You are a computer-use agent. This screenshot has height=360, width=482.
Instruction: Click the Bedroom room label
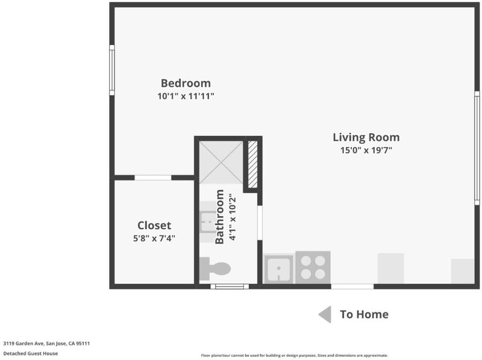(x=186, y=83)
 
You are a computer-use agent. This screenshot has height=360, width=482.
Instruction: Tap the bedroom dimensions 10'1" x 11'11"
(x=186, y=96)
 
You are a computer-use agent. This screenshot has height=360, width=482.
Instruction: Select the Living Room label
(x=366, y=137)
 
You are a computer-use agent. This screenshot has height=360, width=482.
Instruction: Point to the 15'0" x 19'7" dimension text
(x=366, y=151)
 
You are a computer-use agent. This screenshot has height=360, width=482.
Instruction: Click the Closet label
(x=154, y=226)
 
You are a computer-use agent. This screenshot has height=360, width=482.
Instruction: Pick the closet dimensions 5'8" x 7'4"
(x=154, y=238)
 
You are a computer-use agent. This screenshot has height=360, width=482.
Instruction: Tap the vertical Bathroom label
(x=219, y=217)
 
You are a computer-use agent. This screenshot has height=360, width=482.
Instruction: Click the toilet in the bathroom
(x=215, y=268)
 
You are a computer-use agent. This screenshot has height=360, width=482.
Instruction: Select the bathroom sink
(x=208, y=222)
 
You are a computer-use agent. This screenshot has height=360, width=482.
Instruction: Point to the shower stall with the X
(x=221, y=163)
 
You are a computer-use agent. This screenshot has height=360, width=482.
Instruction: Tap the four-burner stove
(x=313, y=267)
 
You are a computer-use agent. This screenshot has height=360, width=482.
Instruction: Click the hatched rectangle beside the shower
(x=252, y=164)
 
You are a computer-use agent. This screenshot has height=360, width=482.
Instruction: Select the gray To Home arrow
(x=325, y=314)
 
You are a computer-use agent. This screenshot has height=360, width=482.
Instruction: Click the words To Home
(x=365, y=314)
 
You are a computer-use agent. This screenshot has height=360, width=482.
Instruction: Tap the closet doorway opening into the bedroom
(x=153, y=178)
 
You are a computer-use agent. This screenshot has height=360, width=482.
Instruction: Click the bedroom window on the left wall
(x=112, y=70)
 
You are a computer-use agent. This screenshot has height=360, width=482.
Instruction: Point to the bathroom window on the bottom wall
(x=230, y=287)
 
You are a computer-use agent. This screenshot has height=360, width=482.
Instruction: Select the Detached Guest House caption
(x=31, y=353)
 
